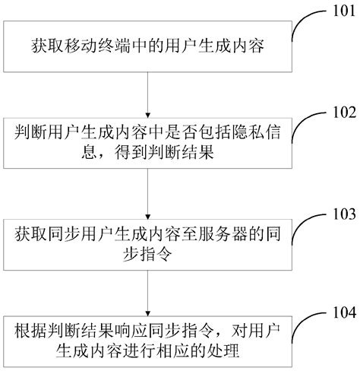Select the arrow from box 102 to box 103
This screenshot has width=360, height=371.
[147, 195]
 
